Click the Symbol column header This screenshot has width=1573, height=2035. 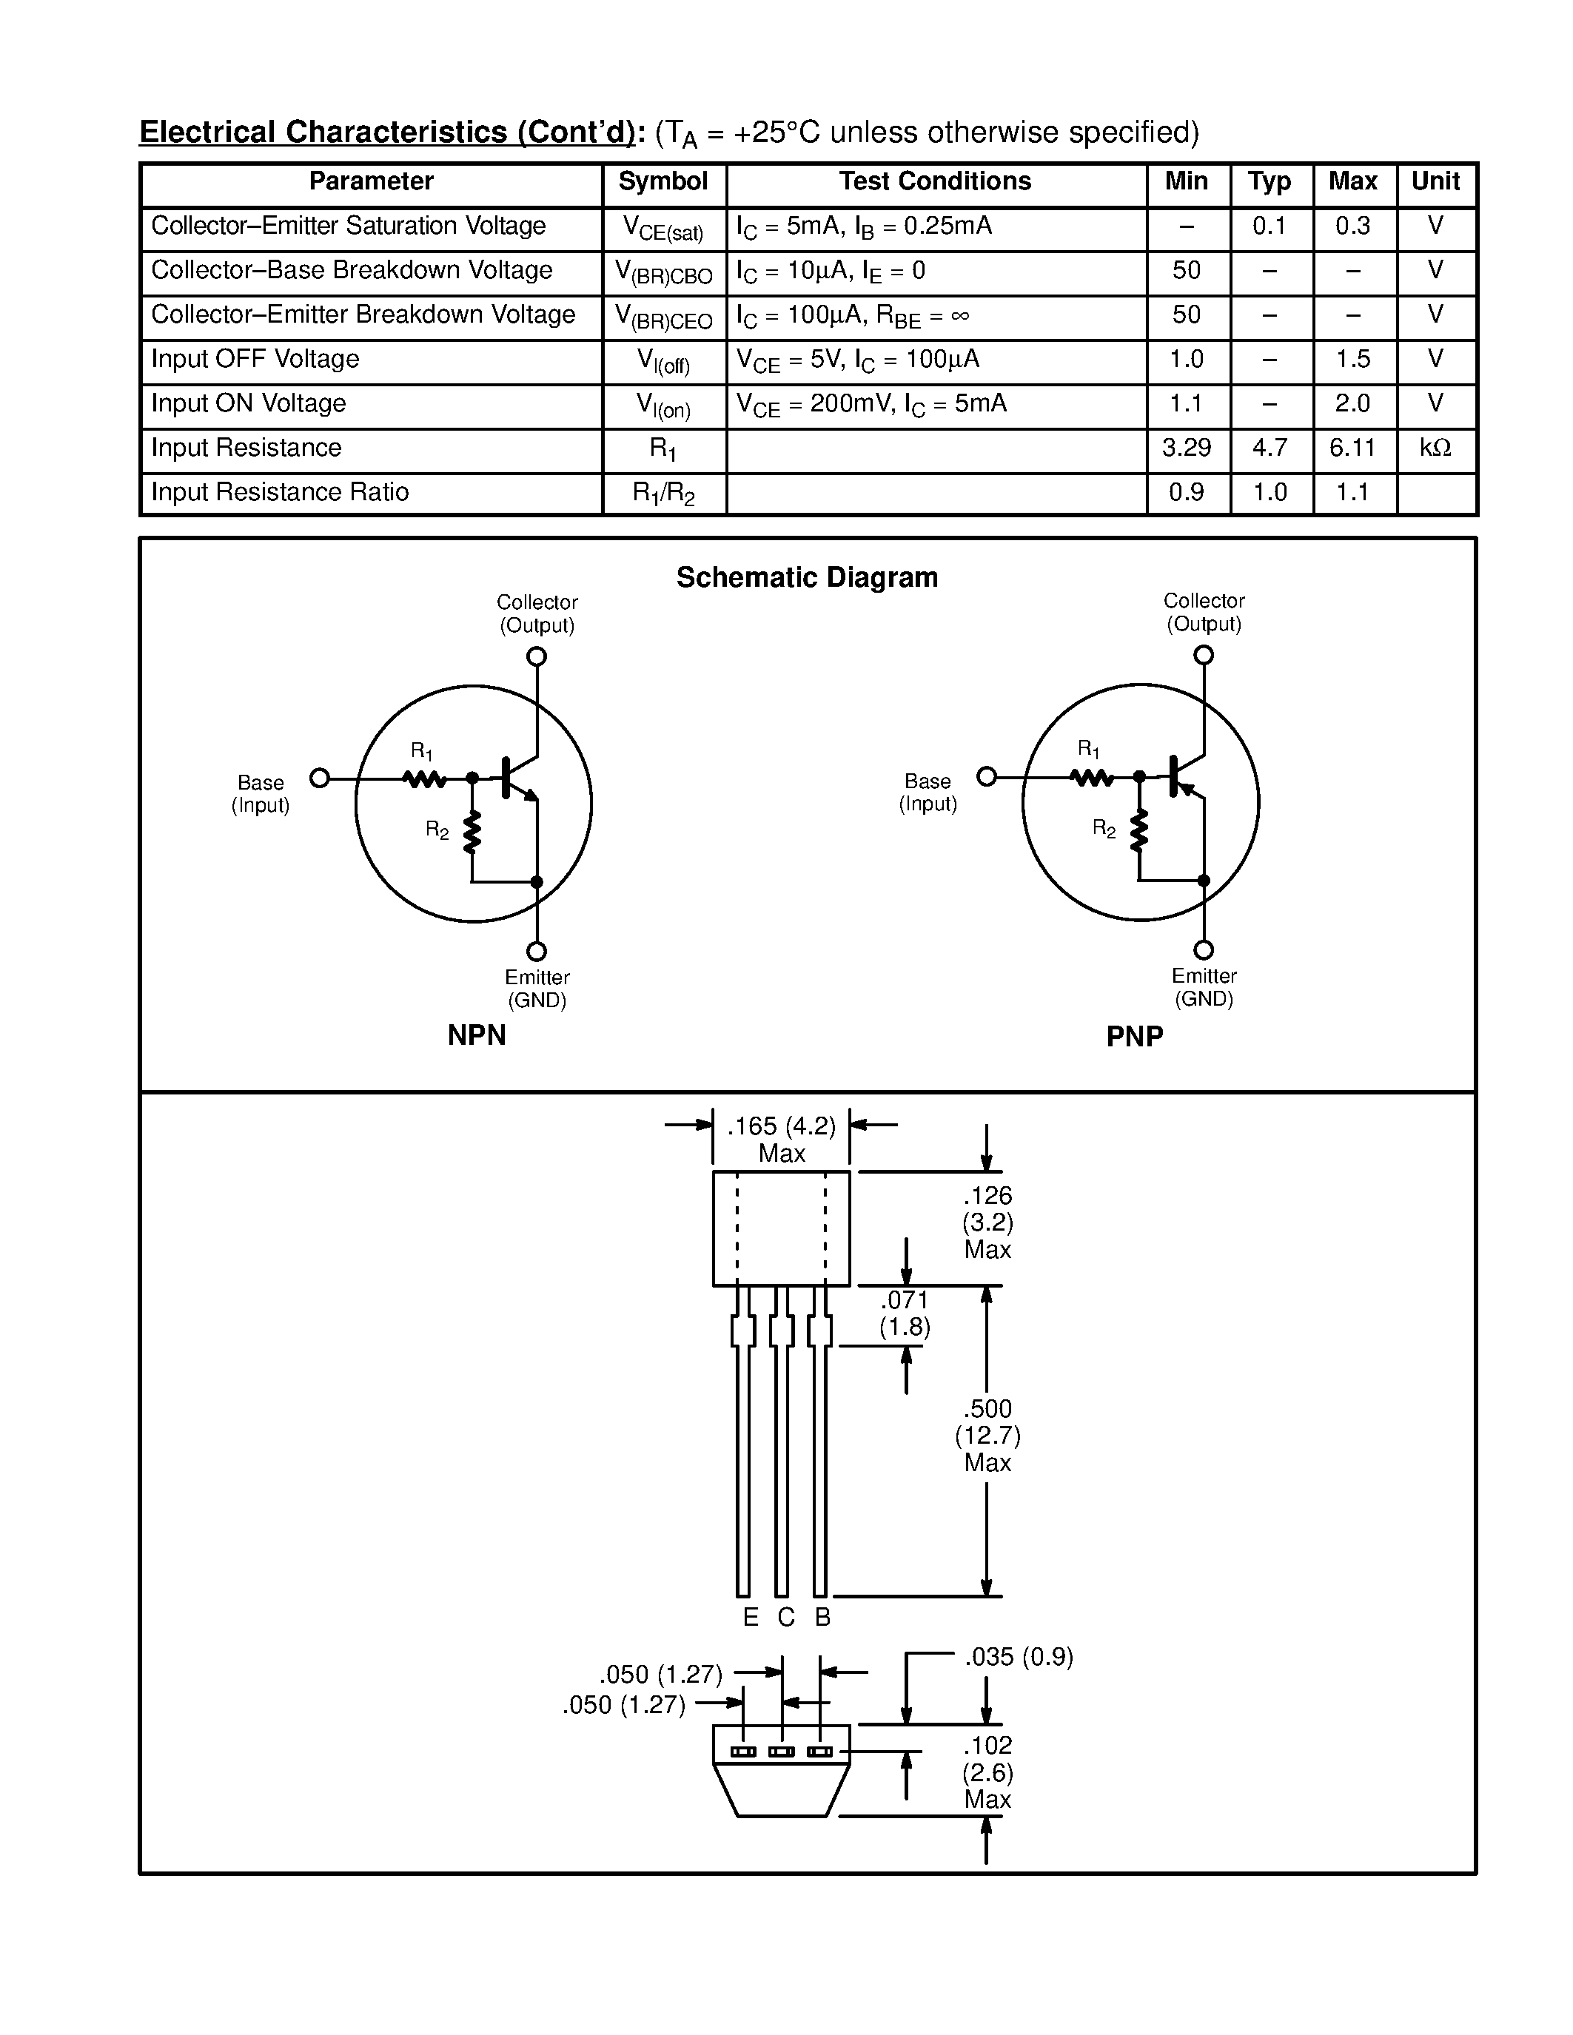coord(663,182)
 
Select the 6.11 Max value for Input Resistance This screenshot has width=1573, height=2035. coord(1352,448)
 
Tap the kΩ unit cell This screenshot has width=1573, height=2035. coord(1435,448)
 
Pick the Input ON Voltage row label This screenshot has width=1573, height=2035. coord(248,403)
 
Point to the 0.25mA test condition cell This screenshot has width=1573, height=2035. coord(864,227)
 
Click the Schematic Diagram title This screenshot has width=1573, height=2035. coord(807,578)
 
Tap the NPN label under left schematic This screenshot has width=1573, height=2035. coord(476,1035)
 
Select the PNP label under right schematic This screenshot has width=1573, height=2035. coord(1134,1036)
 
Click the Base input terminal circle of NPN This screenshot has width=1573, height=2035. coord(320,778)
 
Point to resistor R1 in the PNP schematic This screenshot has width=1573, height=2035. coord(1091,777)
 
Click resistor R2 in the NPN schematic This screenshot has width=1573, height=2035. coord(472,831)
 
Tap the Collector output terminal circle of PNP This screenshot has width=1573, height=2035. coord(1204,655)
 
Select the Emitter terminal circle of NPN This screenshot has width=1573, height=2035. coord(537,952)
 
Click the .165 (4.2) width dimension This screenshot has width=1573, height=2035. coord(781,1126)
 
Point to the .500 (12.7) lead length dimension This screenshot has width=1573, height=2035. coord(987,1435)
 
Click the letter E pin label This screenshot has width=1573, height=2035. coord(750,1618)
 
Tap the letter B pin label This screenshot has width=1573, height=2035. coord(822,1618)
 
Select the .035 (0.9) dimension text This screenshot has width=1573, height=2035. coord(1019,1658)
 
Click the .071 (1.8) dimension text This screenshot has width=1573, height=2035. coord(905,1313)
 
